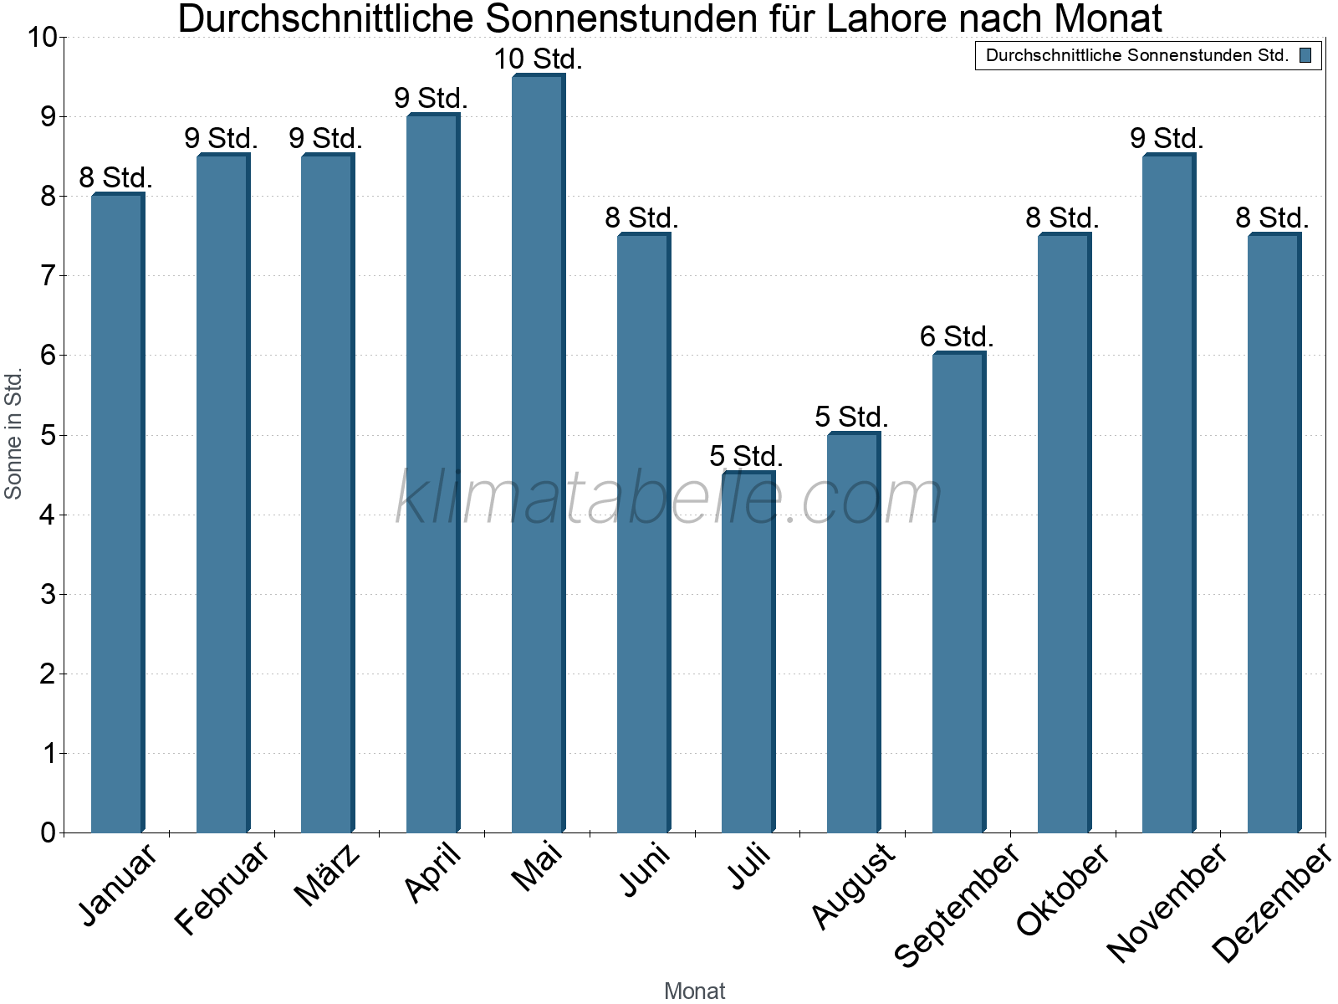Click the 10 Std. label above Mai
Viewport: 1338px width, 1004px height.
tap(538, 59)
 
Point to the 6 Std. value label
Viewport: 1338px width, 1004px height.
tap(957, 337)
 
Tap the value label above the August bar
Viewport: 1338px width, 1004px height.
tap(851, 417)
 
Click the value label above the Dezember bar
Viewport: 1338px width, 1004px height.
tap(1272, 218)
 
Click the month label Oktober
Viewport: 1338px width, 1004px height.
tap(1063, 889)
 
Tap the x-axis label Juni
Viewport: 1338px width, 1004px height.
tap(645, 869)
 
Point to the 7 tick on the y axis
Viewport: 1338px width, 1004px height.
tap(47, 275)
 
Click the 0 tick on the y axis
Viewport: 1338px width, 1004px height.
tap(47, 832)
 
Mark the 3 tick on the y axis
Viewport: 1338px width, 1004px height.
tap(47, 594)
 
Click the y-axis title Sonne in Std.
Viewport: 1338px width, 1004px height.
tap(13, 434)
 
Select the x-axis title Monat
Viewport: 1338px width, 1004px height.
tap(694, 991)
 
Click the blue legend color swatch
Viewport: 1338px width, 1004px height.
tap(1305, 55)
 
